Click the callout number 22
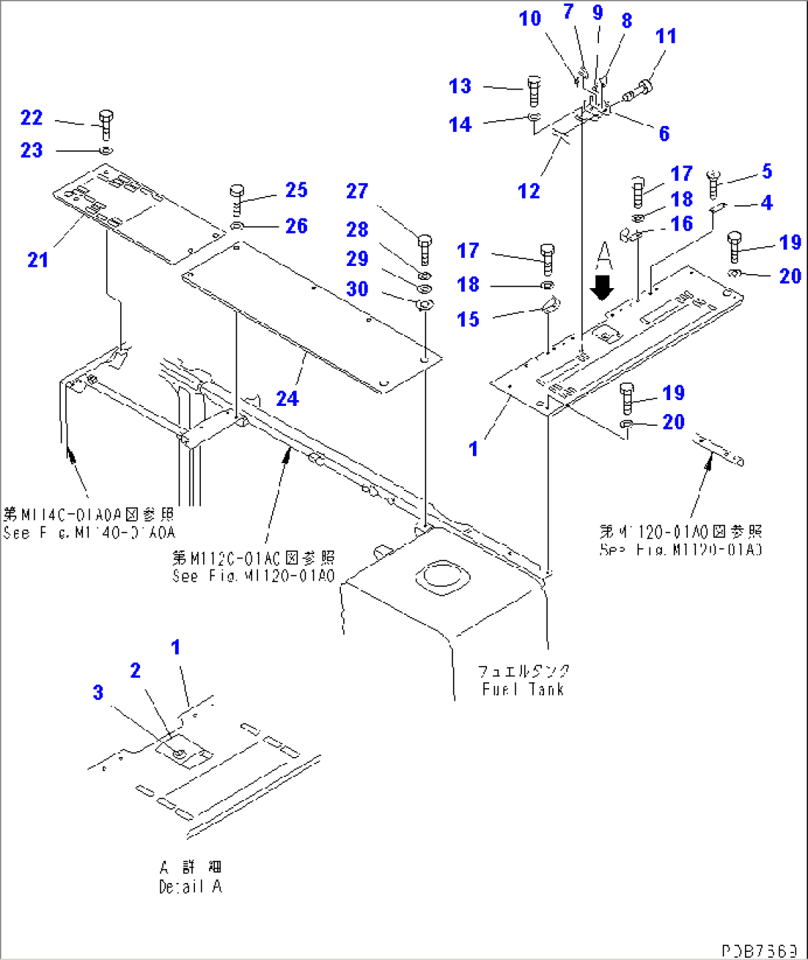31,118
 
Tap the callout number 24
287,399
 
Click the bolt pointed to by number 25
237,199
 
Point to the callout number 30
357,289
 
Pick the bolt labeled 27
425,249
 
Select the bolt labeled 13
534,90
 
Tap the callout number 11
666,36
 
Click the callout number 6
664,133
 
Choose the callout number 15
468,319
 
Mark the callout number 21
38,260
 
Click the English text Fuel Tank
523,690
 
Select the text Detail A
191,887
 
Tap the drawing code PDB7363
760,950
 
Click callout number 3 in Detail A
98,693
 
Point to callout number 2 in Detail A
135,670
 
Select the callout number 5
767,171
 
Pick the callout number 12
529,191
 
